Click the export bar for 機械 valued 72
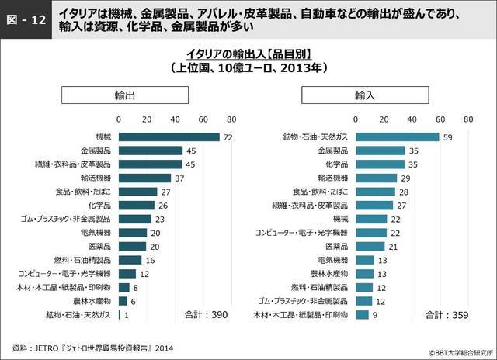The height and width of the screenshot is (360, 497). pyautogui.click(x=169, y=137)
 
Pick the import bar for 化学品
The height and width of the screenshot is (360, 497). pyautogui.click(x=380, y=164)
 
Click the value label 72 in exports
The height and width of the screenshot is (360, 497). pyautogui.click(x=228, y=137)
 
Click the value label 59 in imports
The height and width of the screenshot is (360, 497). pyautogui.click(x=447, y=137)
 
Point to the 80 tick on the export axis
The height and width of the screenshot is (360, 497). pyautogui.click(x=231, y=119)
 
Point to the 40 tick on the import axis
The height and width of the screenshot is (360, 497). pyautogui.click(x=412, y=119)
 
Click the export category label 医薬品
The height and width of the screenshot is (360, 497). pyautogui.click(x=98, y=246)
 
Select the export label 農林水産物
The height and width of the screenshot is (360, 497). pyautogui.click(x=92, y=300)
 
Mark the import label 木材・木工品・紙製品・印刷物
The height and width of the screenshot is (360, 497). pyautogui.click(x=304, y=314)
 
